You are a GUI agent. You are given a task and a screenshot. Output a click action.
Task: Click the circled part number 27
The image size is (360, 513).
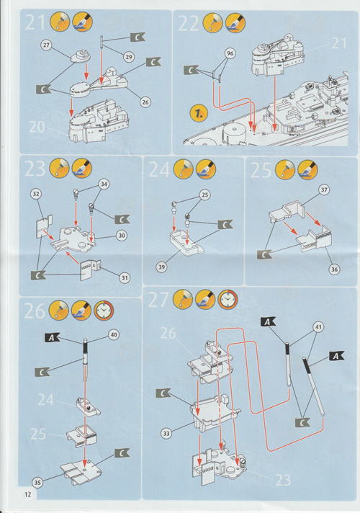(46, 45)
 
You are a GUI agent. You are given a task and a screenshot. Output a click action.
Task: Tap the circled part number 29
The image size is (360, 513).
(129, 57)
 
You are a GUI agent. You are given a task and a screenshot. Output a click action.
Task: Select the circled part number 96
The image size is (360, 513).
(230, 53)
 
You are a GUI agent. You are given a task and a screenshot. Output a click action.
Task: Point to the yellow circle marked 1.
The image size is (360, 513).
(199, 113)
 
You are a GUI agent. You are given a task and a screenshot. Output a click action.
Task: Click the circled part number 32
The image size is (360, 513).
(36, 194)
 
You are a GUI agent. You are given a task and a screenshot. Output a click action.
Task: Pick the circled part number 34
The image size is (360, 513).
(104, 184)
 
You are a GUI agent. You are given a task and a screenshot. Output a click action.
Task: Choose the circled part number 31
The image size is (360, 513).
(125, 278)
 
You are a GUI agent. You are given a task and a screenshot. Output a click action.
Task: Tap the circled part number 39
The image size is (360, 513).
(161, 267)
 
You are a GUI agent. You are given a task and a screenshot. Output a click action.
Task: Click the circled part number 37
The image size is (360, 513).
(324, 189)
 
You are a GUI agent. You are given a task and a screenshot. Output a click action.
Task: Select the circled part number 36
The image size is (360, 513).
(334, 269)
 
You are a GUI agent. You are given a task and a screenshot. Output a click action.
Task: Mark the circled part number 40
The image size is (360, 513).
(114, 335)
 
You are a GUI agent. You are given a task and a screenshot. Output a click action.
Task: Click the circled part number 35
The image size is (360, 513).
(37, 482)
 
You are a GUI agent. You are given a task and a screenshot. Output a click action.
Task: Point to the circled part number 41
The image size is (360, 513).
(318, 326)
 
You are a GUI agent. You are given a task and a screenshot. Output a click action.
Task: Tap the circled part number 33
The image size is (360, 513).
(166, 434)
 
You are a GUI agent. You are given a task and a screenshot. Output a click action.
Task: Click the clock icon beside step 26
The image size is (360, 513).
(104, 310)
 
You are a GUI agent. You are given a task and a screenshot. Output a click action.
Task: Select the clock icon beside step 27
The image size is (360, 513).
(228, 299)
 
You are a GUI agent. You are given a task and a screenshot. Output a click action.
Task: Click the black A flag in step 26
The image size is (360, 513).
(52, 338)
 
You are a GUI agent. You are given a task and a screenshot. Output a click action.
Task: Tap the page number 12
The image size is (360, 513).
(28, 494)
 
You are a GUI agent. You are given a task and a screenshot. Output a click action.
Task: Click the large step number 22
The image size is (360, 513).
(189, 23)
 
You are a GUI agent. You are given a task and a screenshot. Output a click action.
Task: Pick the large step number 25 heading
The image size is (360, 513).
(261, 170)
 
